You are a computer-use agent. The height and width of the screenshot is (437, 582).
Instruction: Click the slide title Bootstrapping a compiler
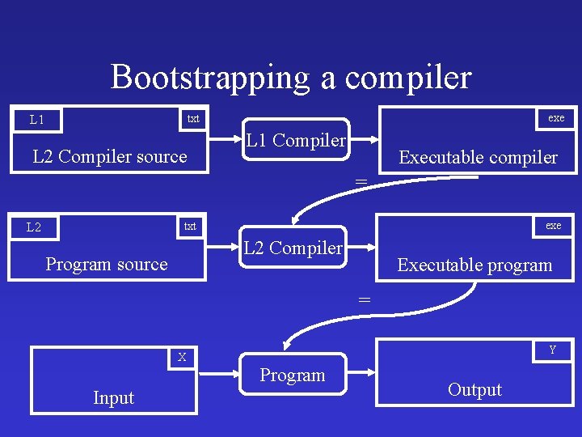click(x=291, y=77)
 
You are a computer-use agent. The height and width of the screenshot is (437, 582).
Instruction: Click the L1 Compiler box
click(x=296, y=141)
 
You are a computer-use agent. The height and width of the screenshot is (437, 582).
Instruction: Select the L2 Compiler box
click(x=293, y=248)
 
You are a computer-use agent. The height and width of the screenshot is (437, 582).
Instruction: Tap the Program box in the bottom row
click(x=293, y=375)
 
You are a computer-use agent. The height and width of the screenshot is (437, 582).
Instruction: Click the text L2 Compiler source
click(x=109, y=156)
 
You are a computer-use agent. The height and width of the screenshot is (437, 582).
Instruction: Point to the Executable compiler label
click(x=478, y=157)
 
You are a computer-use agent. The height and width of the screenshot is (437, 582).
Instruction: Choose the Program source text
click(x=107, y=264)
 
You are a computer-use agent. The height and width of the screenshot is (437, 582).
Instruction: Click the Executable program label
click(x=474, y=265)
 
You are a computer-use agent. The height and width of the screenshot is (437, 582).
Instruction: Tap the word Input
click(x=113, y=397)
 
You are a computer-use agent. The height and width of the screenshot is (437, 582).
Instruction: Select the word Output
click(x=474, y=389)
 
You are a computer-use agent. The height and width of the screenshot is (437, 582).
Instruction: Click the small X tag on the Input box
click(x=183, y=357)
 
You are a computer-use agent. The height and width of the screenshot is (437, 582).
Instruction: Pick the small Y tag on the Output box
click(x=553, y=350)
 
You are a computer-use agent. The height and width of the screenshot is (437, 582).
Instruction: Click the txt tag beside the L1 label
click(x=193, y=119)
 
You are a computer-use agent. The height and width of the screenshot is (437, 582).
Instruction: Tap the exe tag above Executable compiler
click(x=556, y=117)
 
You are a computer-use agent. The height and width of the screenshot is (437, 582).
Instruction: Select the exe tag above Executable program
click(x=553, y=225)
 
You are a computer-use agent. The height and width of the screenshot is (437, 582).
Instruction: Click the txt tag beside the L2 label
click(x=190, y=226)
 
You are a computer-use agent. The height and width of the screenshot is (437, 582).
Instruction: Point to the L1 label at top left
click(x=37, y=120)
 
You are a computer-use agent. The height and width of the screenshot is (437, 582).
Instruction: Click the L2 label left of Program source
click(x=34, y=227)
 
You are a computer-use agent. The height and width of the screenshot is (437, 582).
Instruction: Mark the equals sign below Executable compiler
click(x=361, y=180)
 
